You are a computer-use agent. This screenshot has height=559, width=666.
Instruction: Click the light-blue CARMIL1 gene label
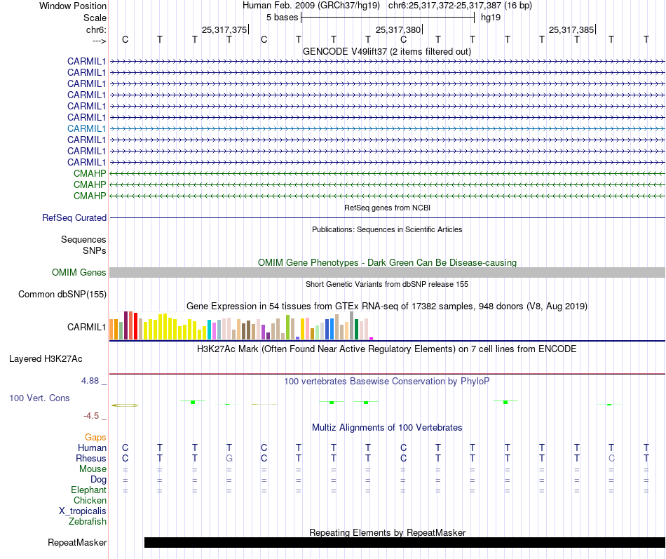[87, 128]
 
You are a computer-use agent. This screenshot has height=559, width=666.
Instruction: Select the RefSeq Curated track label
[74, 218]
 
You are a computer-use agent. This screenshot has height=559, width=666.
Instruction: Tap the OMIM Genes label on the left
[79, 273]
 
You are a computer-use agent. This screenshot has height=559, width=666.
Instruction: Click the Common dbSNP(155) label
[62, 295]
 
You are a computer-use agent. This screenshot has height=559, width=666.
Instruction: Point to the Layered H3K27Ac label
[46, 359]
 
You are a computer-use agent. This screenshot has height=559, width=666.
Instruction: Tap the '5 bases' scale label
[282, 17]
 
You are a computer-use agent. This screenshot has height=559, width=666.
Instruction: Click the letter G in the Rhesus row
[229, 458]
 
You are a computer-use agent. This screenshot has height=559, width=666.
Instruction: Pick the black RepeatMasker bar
[404, 542]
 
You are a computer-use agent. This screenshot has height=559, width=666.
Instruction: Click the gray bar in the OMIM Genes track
[387, 273]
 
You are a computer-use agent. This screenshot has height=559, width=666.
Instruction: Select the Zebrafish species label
[88, 522]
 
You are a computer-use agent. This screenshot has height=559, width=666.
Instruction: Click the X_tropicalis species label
[83, 511]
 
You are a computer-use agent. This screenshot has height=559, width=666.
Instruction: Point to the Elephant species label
[88, 490]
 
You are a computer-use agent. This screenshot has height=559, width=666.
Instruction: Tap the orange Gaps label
[95, 437]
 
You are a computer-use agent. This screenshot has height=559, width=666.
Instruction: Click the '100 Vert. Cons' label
[39, 398]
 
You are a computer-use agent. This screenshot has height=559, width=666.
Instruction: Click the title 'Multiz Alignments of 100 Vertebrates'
[387, 427]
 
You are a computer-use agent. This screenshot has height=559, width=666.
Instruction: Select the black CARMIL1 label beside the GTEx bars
[87, 327]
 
